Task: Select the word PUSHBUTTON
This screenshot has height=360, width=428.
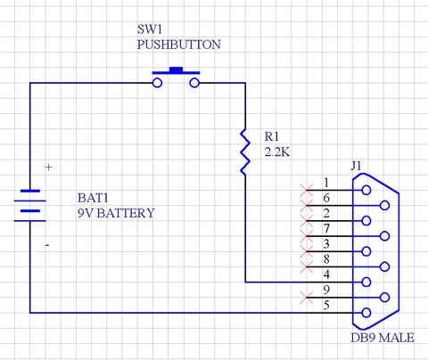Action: (178, 45)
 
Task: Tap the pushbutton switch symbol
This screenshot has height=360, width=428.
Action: (176, 78)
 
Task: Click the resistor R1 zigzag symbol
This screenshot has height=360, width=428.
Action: (243, 150)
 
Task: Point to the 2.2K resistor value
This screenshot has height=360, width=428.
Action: (277, 152)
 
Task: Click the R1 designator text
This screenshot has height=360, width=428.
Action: (271, 137)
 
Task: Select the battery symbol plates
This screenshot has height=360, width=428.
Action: (31, 206)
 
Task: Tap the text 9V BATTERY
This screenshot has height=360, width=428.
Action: (116, 214)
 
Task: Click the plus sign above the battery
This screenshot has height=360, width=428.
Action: (48, 167)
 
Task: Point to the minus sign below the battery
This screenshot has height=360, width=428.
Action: (47, 243)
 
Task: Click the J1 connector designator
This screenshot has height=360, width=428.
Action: (357, 166)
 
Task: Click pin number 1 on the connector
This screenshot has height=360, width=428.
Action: (326, 183)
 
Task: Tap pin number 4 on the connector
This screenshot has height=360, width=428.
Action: (326, 274)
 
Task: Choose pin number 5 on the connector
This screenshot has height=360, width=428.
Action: (326, 306)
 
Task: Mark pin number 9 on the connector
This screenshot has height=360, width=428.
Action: (326, 290)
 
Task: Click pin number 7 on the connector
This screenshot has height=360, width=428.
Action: (326, 229)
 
